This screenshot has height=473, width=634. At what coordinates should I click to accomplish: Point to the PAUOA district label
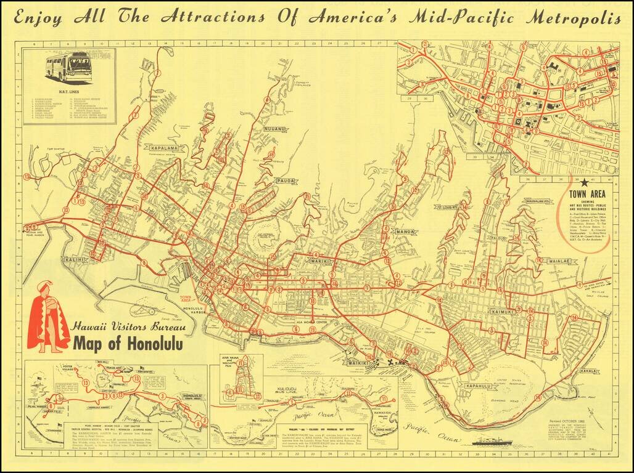(x=286, y=181)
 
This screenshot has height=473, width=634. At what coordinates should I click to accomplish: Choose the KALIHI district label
(x=73, y=260)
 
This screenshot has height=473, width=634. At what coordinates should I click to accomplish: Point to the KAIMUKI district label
(x=502, y=312)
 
